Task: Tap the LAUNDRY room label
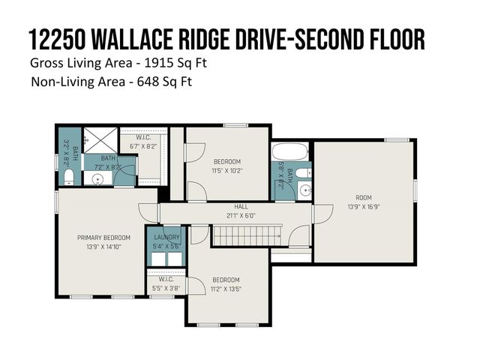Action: click(166, 238)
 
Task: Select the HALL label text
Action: click(241, 206)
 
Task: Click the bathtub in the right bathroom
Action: click(290, 153)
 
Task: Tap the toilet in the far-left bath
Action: click(67, 177)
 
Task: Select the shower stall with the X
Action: click(96, 139)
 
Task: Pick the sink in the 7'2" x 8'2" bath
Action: click(97, 180)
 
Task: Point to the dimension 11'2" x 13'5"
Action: click(226, 288)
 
